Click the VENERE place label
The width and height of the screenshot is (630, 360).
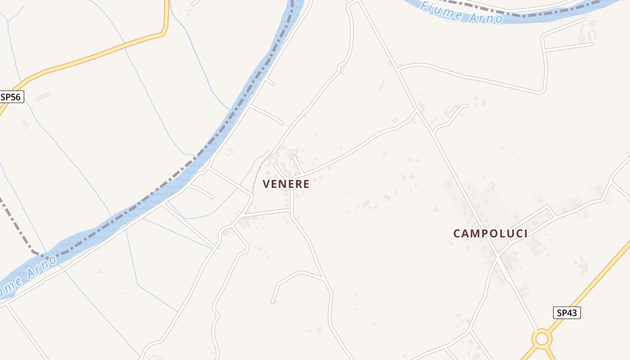286,184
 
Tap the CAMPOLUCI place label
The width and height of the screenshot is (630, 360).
490,233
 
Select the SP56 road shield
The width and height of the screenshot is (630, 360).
11,97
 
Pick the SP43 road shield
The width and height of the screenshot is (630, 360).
567,313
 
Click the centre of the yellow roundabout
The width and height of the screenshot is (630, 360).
542,338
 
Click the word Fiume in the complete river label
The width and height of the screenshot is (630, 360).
441,9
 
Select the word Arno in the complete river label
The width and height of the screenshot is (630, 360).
486,17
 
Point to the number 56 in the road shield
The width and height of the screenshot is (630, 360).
16,97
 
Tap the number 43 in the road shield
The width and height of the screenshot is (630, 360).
571,313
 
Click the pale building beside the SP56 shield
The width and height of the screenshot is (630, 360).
43,96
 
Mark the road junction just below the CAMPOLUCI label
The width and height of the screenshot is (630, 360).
498,256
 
